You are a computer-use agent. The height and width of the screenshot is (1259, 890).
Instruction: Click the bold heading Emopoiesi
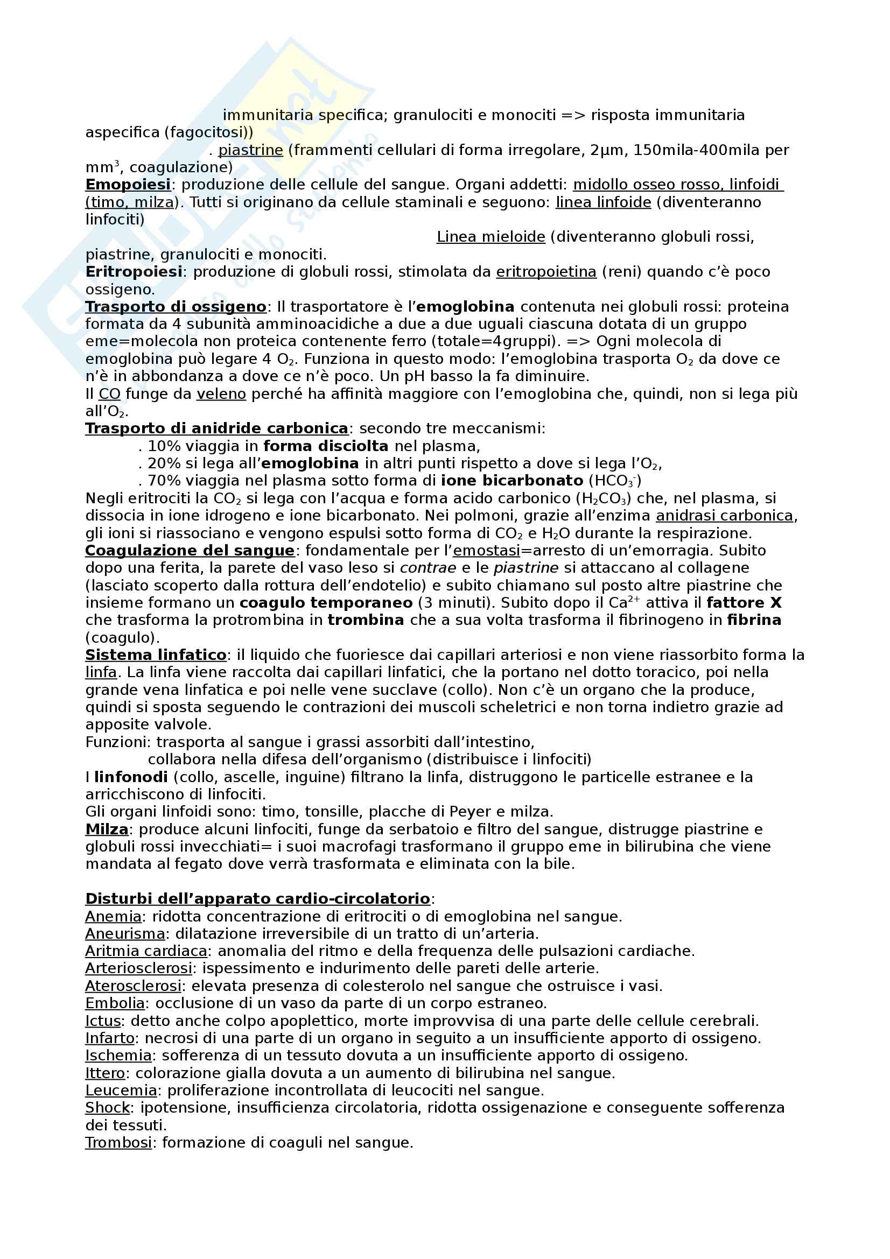(128, 185)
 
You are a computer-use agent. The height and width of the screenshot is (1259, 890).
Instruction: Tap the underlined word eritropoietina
(545, 272)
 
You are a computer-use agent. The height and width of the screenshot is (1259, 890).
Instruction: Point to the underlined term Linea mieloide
(490, 237)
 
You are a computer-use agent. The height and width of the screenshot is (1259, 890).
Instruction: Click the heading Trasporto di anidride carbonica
(216, 428)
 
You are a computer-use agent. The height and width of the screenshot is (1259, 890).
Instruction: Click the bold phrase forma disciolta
(326, 446)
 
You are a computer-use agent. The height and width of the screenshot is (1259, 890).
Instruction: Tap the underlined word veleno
(221, 393)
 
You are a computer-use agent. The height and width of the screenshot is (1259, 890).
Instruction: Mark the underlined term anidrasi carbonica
(724, 516)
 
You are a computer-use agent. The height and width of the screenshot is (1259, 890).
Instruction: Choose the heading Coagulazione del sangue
(190, 551)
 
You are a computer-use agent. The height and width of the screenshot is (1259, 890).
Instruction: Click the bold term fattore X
(744, 603)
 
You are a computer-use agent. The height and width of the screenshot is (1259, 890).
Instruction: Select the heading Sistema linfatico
(156, 655)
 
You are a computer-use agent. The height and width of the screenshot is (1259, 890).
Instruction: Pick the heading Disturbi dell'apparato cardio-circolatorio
(258, 899)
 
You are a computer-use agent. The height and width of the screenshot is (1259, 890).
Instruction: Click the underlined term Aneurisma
(124, 934)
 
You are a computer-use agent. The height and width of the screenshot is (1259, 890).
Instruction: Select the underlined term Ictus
(102, 1021)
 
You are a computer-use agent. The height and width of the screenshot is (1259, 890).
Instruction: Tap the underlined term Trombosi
(118, 1143)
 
